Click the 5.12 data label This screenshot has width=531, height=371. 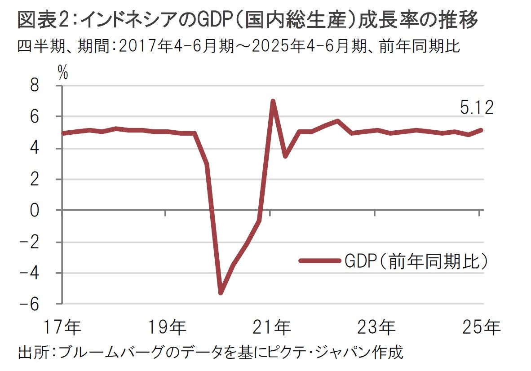click(x=477, y=108)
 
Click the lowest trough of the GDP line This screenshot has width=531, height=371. click(x=221, y=293)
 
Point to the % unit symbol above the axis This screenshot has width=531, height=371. click(x=62, y=73)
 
